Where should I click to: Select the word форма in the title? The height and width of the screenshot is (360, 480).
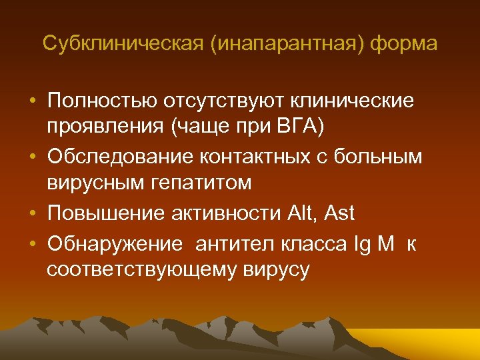(405, 44)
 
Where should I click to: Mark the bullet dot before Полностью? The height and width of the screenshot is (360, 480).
(33, 101)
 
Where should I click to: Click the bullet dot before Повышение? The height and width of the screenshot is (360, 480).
(33, 215)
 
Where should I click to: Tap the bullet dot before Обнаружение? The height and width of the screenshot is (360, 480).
(33, 243)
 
